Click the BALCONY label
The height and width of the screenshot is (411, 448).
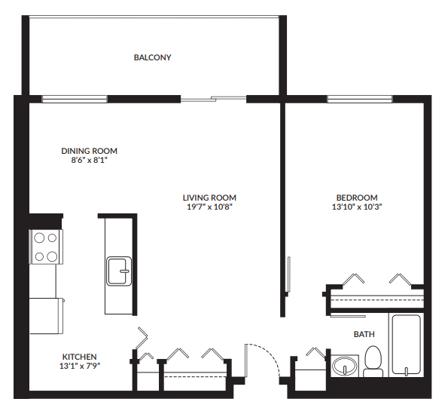(153, 57)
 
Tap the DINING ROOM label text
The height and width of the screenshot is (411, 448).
(90, 151)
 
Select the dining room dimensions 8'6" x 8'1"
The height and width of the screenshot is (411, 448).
(90, 160)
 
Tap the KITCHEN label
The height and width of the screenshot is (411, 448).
(80, 357)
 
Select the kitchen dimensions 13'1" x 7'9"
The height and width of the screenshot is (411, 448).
(80, 366)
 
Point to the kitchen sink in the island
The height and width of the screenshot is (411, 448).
(119, 271)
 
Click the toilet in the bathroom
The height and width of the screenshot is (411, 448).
(373, 361)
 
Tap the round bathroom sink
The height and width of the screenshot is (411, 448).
(346, 367)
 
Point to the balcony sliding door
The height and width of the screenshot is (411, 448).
(214, 98)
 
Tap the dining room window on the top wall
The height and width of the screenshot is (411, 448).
(74, 98)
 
